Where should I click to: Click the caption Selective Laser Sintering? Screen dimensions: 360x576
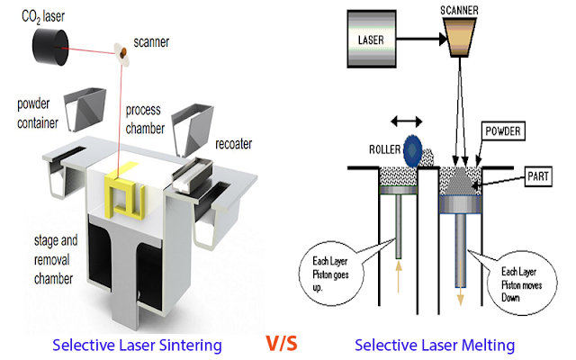point(137,345)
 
